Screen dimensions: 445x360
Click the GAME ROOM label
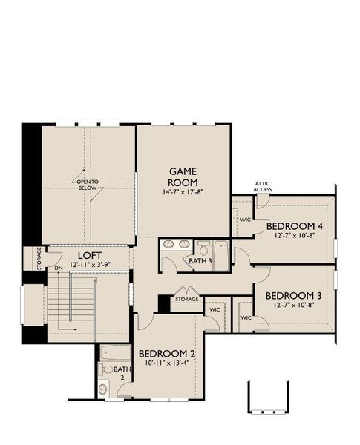[x=181, y=176]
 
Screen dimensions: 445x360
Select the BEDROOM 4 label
[x=295, y=226]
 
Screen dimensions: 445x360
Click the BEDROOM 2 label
[x=167, y=352]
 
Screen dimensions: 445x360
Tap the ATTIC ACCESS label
[x=263, y=186]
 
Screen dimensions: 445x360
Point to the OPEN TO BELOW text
[x=88, y=185]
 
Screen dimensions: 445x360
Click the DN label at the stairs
[x=59, y=268]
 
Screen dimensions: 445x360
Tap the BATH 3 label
[x=199, y=261]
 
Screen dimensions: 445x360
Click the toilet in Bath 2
[x=108, y=369]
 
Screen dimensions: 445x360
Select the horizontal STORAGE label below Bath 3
[x=186, y=299]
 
